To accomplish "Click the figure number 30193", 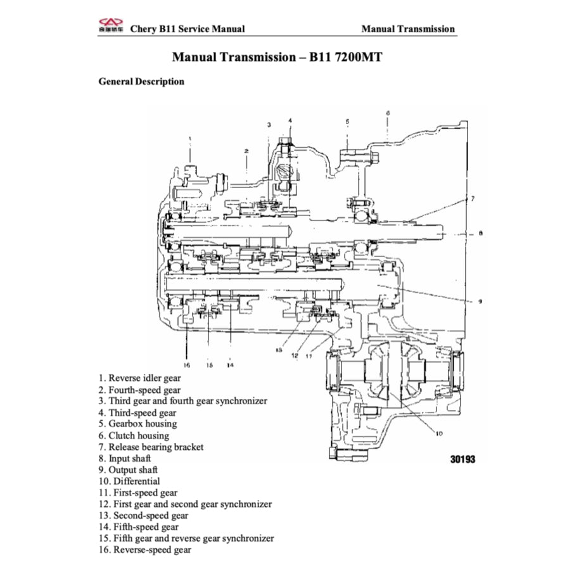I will tap(462, 460).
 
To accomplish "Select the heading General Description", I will tap(141, 82).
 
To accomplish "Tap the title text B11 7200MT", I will tap(346, 58).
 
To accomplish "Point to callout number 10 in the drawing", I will tap(438, 433).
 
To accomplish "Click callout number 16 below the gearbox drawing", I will tap(187, 365).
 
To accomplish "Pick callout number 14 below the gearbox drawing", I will tap(229, 365).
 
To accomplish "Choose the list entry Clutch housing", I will tap(139, 436).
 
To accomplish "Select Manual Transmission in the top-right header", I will tap(408, 29).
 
